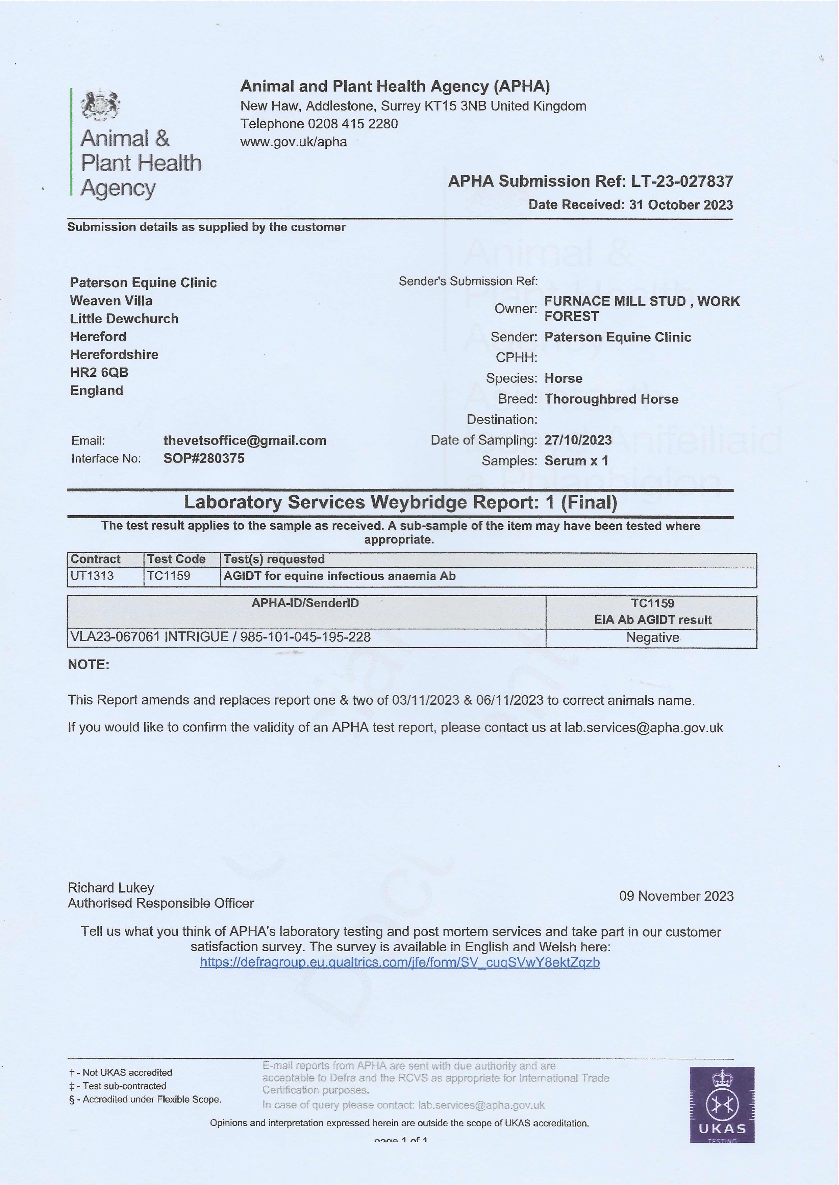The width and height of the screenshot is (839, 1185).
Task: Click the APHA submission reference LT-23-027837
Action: tap(681, 181)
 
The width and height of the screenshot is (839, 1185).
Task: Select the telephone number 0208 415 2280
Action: tap(353, 124)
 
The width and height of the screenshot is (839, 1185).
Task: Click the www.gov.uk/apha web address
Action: tap(293, 142)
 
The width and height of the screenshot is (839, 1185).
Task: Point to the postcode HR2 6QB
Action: tap(99, 372)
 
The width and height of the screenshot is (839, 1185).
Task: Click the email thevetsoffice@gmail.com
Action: tap(245, 440)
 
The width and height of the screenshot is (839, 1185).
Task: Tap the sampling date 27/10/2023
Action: tap(578, 440)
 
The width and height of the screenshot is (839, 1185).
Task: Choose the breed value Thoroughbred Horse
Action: tap(611, 399)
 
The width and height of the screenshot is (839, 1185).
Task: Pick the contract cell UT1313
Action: tap(92, 576)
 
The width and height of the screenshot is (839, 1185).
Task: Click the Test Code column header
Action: tap(176, 559)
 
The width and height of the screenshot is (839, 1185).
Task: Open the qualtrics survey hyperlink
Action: tap(400, 962)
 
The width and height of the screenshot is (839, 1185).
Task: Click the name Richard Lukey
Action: tap(111, 888)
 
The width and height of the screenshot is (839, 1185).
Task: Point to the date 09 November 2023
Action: tap(676, 896)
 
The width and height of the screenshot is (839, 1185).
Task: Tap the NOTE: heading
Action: tap(88, 665)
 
